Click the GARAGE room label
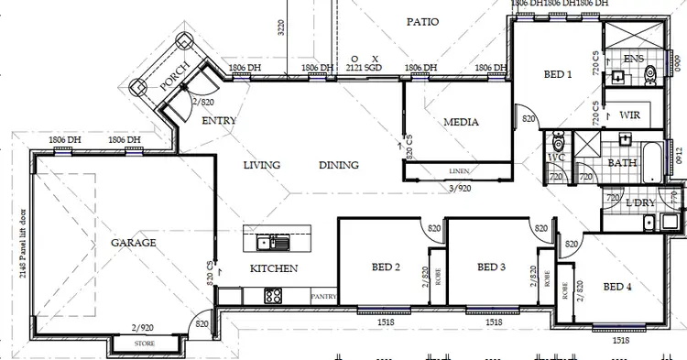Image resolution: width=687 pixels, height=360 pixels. [x=134, y=243]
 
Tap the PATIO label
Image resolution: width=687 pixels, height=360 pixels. [x=422, y=21]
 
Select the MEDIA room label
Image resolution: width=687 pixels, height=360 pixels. [x=462, y=122]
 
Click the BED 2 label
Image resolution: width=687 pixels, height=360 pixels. [x=385, y=267]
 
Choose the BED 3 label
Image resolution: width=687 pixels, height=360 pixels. [x=492, y=267]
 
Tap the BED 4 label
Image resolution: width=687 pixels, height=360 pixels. [x=617, y=287]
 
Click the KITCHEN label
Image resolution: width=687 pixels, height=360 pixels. [x=274, y=268]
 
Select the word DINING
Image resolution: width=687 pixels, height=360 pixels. [x=339, y=166]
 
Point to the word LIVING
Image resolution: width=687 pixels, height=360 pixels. [x=261, y=166]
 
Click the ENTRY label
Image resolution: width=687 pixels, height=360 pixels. [x=219, y=120]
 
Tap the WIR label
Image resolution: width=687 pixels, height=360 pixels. [x=629, y=115]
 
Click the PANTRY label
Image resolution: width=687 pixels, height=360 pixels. [x=323, y=297]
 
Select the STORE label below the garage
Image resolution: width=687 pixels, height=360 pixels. [x=145, y=344]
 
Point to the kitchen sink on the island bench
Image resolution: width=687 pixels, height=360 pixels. [x=273, y=243]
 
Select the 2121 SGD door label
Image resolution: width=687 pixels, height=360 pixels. [x=364, y=68]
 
